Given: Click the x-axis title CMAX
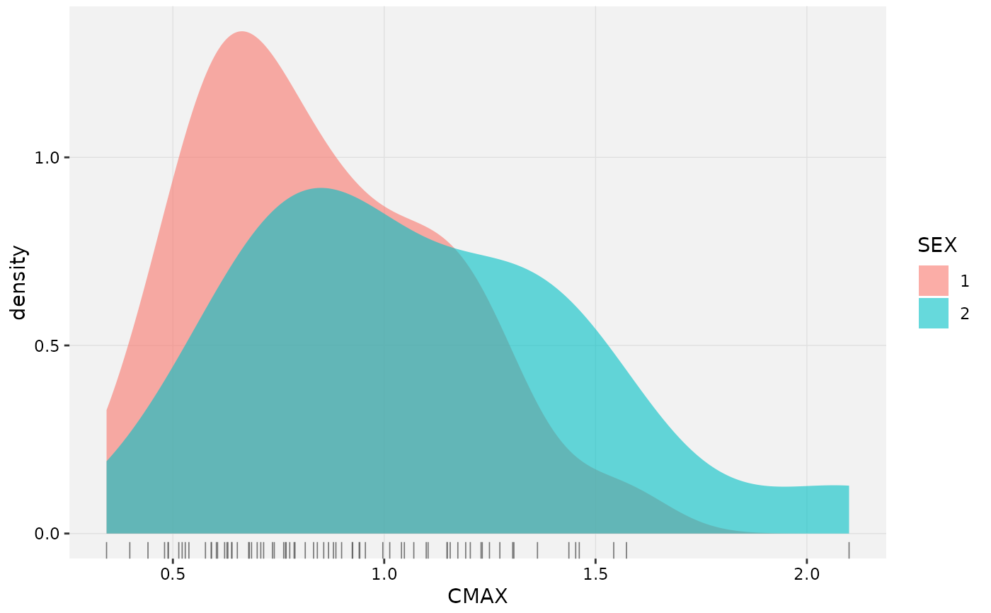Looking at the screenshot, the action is point(477,596).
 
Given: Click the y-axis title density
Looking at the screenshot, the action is point(18,282).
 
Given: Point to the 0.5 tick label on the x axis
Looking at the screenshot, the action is point(173,574).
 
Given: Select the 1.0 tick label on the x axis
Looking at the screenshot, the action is point(384,574).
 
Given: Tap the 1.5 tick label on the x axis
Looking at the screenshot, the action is point(595,574).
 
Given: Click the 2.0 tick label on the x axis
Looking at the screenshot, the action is point(806,574).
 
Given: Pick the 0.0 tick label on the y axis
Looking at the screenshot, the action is point(47,534).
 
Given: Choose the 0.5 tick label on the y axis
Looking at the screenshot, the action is point(47,346).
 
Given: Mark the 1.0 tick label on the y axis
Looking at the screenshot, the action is point(47,158).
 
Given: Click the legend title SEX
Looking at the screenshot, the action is point(937,245).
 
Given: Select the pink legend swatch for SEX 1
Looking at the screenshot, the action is point(934,280).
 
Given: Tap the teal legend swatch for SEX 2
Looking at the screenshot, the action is point(934,313).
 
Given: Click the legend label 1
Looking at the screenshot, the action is point(965,281).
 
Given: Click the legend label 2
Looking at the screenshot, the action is point(965,314).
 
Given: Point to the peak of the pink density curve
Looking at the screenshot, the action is point(241,31).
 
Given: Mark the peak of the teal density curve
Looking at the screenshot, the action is point(320,188).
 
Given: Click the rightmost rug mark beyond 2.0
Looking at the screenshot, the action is point(849,550).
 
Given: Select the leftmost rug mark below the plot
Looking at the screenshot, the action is point(107,550).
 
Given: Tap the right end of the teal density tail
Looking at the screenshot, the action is point(849,486).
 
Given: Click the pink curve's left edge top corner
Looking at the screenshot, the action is point(107,410).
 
